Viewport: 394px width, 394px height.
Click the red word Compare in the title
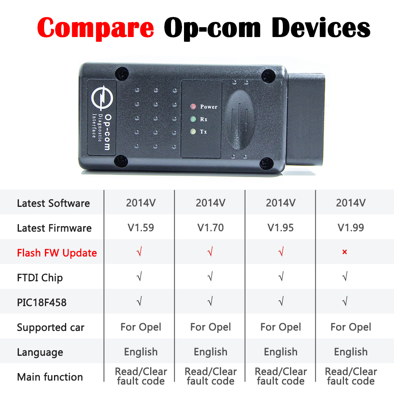click(x=95, y=28)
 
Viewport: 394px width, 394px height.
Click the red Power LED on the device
click(x=193, y=106)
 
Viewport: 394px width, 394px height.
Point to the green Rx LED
click(x=193, y=119)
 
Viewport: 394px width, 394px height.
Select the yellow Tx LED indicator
click(x=193, y=131)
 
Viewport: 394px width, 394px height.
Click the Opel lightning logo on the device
click(x=102, y=98)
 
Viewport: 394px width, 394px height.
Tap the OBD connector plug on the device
click(x=306, y=119)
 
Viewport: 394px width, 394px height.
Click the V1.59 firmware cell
click(x=141, y=228)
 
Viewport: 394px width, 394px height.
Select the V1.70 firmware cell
click(x=210, y=228)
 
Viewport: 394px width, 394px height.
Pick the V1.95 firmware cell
click(x=281, y=228)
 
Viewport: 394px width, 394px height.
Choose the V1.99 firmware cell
click(x=351, y=228)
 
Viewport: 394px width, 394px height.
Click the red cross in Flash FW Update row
click(x=344, y=252)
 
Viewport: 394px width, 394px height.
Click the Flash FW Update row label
click(x=57, y=253)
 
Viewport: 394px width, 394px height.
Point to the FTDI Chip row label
click(x=40, y=278)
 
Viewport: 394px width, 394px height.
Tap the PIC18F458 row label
click(x=42, y=302)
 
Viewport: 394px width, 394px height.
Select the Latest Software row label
click(x=53, y=203)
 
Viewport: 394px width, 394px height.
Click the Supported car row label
click(x=50, y=327)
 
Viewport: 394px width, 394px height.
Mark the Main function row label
click(x=50, y=377)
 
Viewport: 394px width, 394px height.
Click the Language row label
click(x=40, y=352)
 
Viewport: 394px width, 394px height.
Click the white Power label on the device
click(x=208, y=107)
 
